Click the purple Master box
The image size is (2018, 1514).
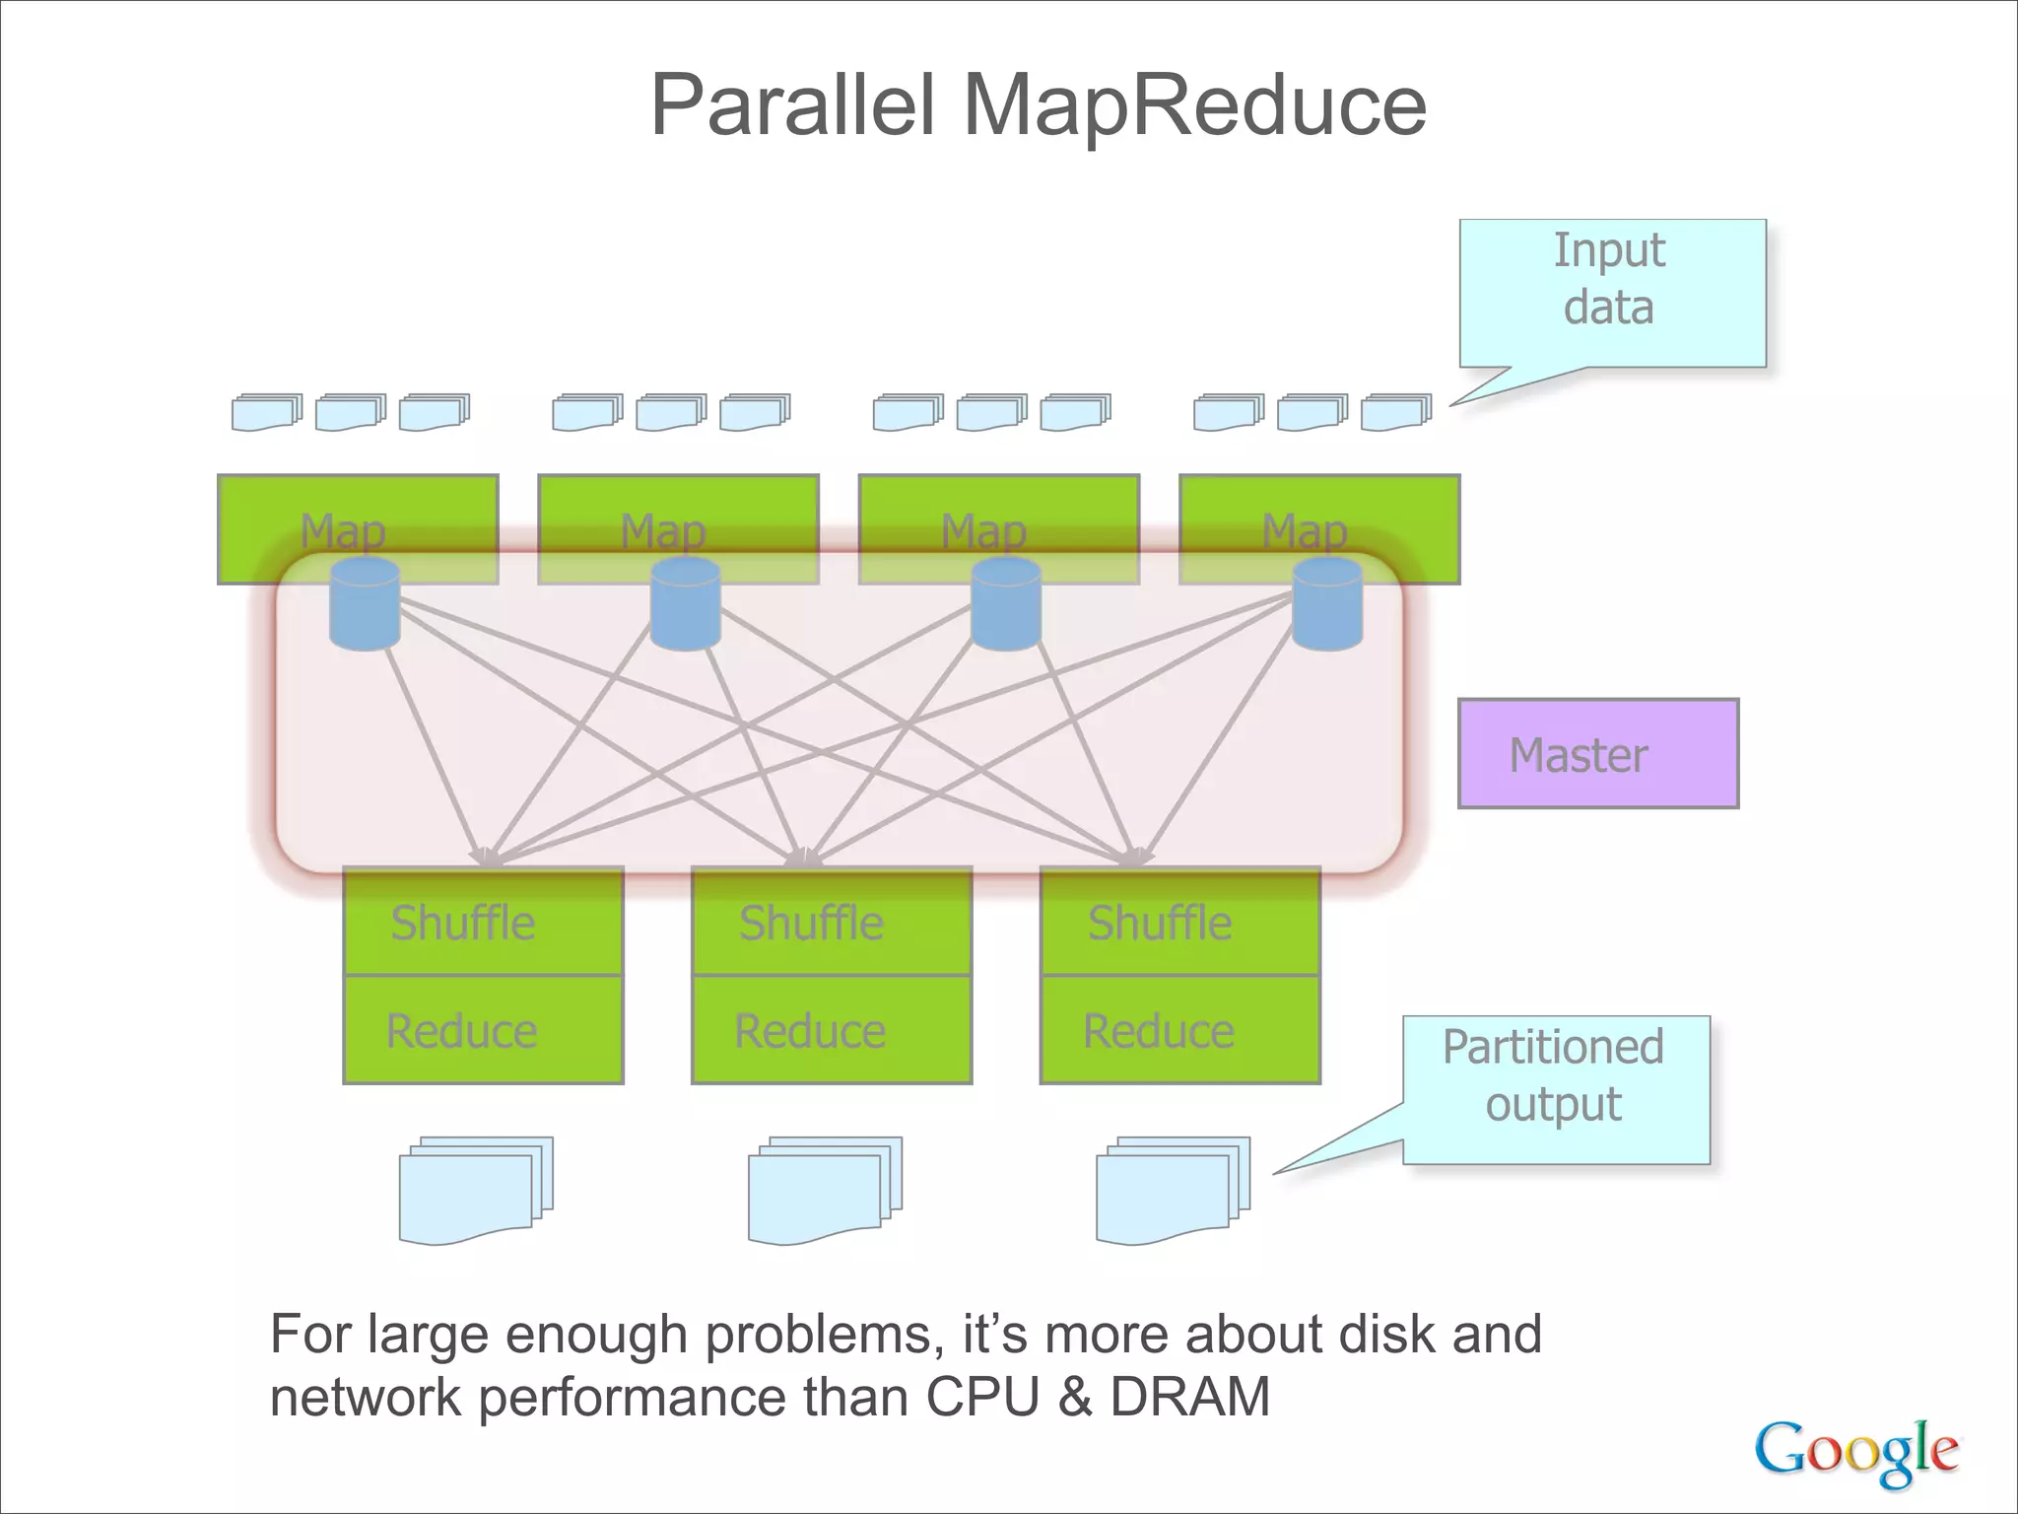[1597, 754]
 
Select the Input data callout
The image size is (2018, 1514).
[1611, 293]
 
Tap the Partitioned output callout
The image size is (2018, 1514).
[1555, 1089]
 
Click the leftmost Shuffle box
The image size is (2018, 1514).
[483, 922]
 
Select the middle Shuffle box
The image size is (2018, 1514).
[832, 922]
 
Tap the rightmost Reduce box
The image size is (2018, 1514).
[1179, 1030]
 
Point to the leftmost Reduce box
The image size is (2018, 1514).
[483, 1030]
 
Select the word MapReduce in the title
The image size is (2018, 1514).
[1194, 105]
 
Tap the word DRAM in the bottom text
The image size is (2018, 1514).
[1189, 1397]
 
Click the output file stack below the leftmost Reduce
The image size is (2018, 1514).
[475, 1190]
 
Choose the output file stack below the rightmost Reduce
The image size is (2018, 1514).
[1172, 1190]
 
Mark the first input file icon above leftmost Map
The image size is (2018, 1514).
[266, 412]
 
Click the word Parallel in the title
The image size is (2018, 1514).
[792, 105]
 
